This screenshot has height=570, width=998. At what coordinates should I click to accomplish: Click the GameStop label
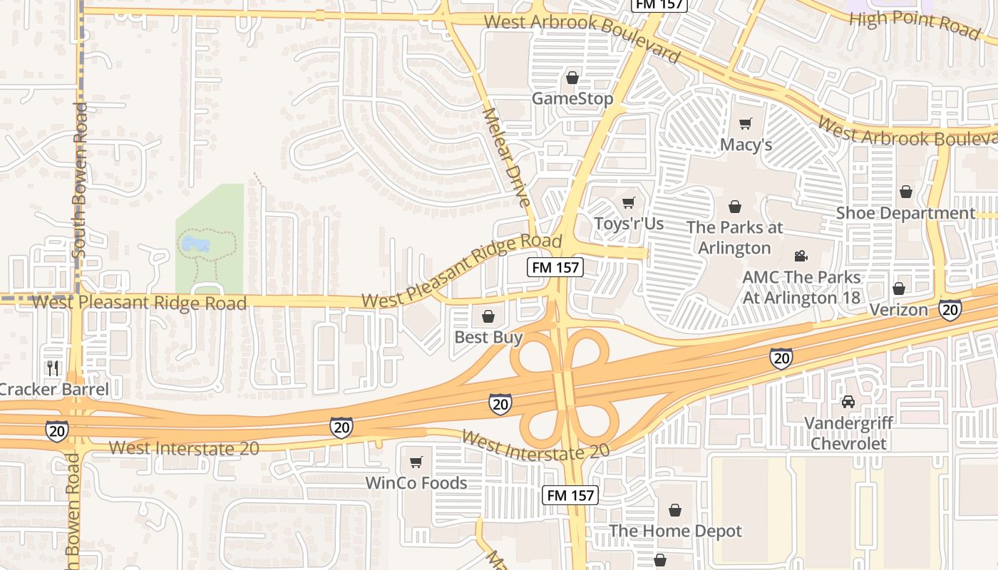(x=572, y=98)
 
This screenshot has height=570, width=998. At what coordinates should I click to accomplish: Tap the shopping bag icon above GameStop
(x=572, y=78)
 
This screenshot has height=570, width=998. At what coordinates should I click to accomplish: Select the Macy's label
(x=746, y=145)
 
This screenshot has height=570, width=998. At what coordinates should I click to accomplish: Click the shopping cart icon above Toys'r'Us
(x=628, y=203)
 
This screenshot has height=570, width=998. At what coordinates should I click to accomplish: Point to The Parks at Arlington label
(x=734, y=238)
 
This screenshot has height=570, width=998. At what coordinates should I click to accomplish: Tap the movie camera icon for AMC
(x=801, y=256)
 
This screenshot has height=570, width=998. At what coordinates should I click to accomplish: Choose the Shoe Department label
(x=905, y=213)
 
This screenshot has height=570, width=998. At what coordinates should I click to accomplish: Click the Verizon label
(x=898, y=310)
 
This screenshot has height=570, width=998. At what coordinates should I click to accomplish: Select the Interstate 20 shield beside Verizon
(x=950, y=309)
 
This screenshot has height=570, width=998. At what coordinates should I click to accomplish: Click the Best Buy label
(x=488, y=337)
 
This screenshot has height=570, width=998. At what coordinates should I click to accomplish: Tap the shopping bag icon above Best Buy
(x=488, y=316)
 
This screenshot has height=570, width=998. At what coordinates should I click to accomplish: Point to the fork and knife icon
(x=52, y=368)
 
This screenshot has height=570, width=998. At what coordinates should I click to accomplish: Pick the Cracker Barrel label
(x=54, y=390)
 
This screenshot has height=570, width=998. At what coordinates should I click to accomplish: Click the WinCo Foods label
(x=416, y=482)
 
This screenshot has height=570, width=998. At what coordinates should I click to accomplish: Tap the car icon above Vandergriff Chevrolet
(x=848, y=402)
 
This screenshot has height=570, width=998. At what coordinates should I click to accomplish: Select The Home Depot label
(x=674, y=531)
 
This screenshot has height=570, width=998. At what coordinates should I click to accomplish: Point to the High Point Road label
(x=915, y=24)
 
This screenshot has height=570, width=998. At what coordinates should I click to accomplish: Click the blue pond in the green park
(x=195, y=245)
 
